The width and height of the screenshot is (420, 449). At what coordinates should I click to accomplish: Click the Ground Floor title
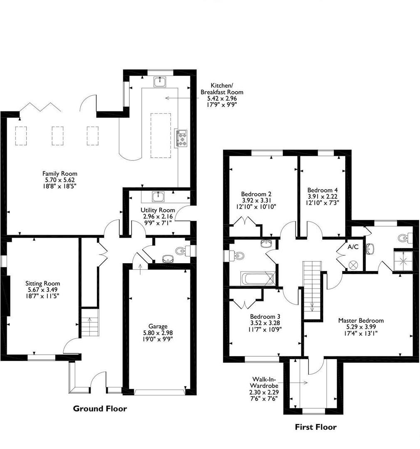100,408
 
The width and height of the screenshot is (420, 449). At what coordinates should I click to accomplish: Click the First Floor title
316,427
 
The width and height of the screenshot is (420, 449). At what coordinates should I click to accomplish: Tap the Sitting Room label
43,284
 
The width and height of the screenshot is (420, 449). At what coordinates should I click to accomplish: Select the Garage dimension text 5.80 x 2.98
158,333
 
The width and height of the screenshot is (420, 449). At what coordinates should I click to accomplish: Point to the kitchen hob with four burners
182,138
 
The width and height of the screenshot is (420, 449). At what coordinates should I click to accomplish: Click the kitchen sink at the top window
160,82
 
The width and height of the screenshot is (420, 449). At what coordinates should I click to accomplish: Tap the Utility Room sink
158,197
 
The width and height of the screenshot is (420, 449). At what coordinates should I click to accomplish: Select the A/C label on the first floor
353,247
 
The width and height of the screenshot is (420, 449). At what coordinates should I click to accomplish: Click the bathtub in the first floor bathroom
257,279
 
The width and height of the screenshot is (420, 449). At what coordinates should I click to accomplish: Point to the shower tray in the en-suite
403,261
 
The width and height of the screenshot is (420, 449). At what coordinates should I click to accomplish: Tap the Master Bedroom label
361,321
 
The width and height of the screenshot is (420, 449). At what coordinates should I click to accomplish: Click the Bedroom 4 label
323,190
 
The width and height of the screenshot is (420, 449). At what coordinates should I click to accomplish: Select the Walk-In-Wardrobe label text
264,383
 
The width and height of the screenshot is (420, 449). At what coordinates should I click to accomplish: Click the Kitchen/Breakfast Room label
222,89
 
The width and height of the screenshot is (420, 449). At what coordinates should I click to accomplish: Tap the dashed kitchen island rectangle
161,136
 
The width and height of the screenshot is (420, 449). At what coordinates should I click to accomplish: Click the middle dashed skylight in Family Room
57,136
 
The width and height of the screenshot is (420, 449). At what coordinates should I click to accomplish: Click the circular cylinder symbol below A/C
352,264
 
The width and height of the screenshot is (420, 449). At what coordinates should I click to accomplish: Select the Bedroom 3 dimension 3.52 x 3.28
265,323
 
